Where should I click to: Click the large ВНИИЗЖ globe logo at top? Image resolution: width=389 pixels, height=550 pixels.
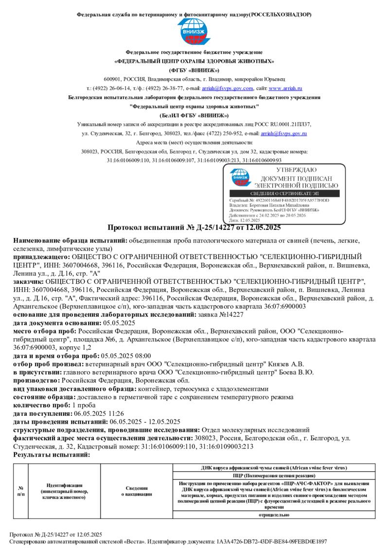pyautogui.click(x=194, y=32)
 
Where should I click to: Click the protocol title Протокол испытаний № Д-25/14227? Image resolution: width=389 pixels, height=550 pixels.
pyautogui.click(x=194, y=227)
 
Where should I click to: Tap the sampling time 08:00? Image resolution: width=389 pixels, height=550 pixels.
pyautogui.click(x=142, y=356)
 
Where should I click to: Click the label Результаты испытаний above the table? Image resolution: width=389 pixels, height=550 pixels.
pyautogui.click(x=52, y=455)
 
